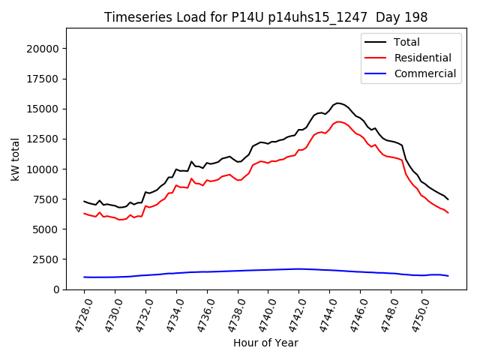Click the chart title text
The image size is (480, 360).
coord(266,17)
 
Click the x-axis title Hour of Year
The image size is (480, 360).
coord(265,343)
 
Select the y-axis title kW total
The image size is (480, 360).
coord(15,159)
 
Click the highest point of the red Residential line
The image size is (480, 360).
coord(338,121)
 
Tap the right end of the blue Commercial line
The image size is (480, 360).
coord(448,276)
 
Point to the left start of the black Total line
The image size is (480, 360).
coord(84,201)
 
